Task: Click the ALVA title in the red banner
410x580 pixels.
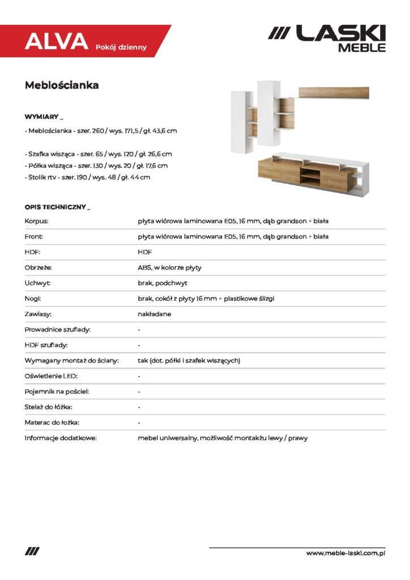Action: (56, 41)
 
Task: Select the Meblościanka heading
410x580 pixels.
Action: (62, 86)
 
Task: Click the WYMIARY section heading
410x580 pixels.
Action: (42, 117)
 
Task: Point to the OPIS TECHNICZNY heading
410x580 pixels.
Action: (55, 207)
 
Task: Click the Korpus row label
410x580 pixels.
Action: (36, 221)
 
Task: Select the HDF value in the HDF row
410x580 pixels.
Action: (145, 252)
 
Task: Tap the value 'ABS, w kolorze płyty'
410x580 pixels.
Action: (169, 267)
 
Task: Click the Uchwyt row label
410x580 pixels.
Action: (37, 283)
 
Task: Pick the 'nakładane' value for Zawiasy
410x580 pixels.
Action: (154, 314)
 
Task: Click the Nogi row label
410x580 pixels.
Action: (33, 298)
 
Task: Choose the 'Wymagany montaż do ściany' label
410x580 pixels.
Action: (71, 360)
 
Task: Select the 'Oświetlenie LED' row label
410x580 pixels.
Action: (51, 376)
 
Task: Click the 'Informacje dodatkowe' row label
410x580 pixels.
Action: (61, 438)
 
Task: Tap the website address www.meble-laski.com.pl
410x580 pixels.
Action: (345, 553)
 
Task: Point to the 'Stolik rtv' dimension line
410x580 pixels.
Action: (88, 177)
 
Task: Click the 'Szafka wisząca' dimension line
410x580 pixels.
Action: (99, 154)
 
